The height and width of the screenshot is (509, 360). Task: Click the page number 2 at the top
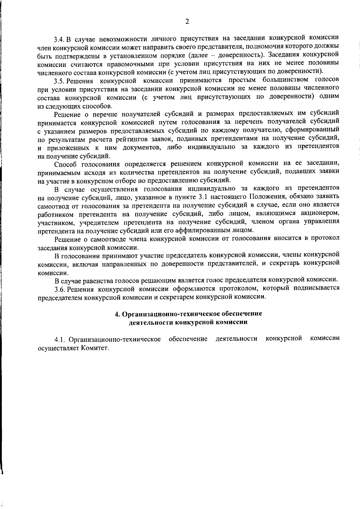[187, 21]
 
